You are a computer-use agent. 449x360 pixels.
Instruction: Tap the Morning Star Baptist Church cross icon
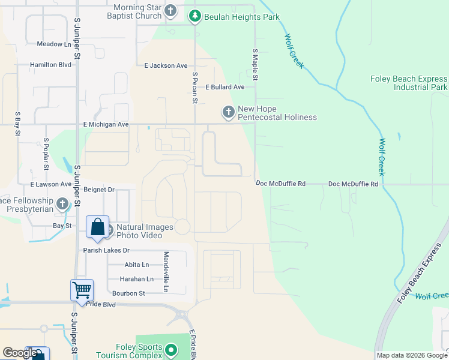171,11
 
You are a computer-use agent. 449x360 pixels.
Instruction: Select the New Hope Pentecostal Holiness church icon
228,112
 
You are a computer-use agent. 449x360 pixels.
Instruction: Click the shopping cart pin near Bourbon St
82,290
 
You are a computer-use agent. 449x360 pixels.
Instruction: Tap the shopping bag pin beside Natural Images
97,227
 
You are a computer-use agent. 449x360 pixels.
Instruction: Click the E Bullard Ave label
225,87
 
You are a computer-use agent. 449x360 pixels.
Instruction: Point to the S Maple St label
255,65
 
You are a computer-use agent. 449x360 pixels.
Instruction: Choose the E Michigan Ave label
106,125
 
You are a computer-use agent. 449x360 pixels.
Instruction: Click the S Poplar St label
46,155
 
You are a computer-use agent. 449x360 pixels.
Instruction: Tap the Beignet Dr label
99,190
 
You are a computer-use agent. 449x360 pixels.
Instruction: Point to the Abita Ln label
137,265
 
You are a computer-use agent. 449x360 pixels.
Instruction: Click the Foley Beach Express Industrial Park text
409,83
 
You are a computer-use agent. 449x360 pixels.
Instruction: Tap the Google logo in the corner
19,353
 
